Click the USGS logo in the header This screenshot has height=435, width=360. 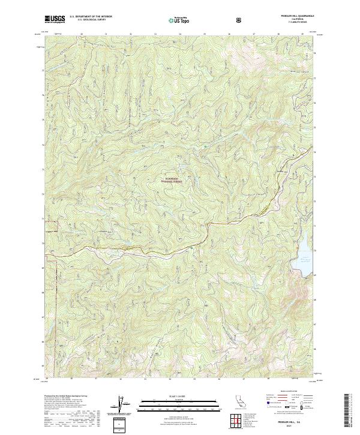[x=55, y=20]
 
